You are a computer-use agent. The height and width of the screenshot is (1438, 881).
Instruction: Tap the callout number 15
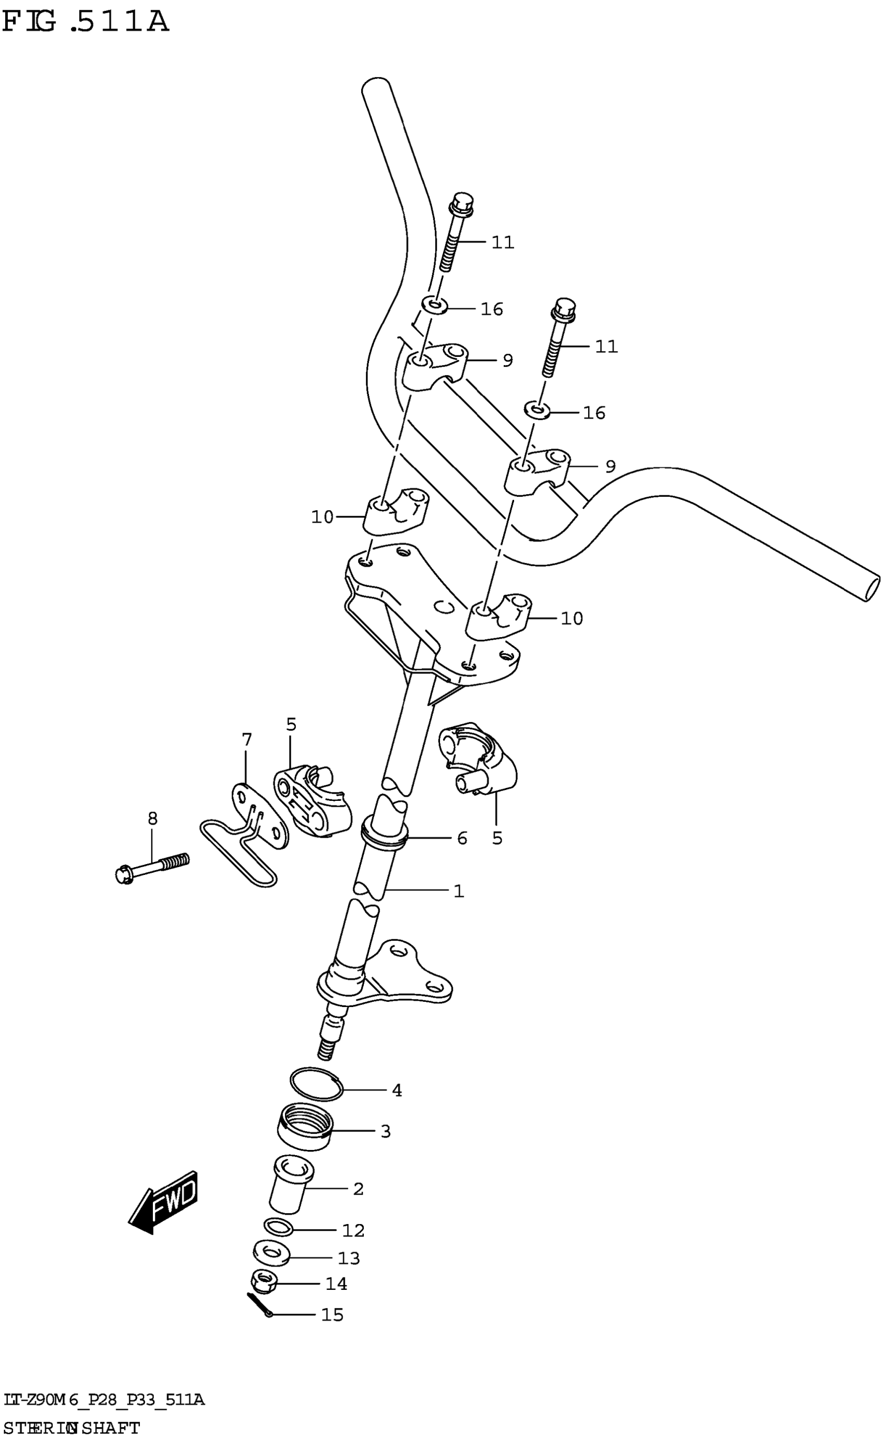[x=332, y=1314]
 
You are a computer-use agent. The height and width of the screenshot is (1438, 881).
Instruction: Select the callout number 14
[x=336, y=1283]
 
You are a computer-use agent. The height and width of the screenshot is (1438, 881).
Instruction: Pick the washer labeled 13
[x=272, y=1253]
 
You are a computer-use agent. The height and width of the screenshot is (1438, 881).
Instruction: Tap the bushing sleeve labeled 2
[x=290, y=1184]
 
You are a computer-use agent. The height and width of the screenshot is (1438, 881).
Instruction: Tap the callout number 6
[x=462, y=839]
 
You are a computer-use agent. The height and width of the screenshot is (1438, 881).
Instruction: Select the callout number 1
[x=459, y=891]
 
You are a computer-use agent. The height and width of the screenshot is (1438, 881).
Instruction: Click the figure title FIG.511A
[x=85, y=22]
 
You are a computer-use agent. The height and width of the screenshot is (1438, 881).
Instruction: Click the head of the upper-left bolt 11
[x=462, y=202]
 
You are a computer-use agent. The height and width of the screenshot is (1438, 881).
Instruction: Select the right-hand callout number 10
[x=572, y=619]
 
